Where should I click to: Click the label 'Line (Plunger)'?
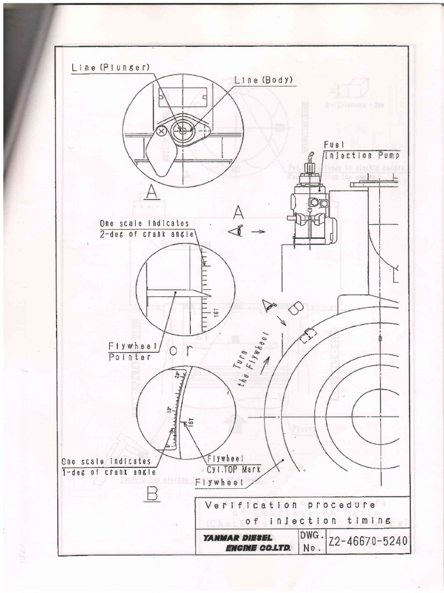pos(110,67)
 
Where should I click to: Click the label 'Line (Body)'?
pos(264,80)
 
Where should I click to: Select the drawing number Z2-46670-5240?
pos(368,541)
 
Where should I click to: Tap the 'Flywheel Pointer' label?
pos(130,352)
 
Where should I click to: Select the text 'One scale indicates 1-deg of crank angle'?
pos(106,466)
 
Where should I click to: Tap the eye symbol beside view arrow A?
pos(236,231)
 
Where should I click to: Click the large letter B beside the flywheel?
pos(293,310)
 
